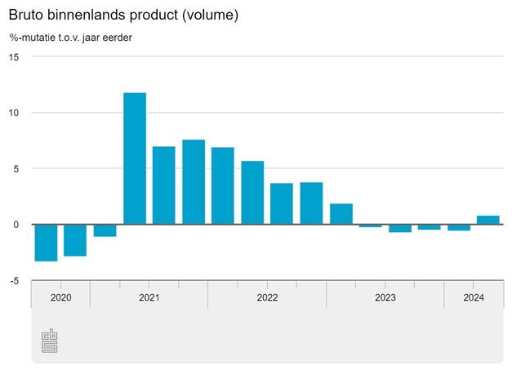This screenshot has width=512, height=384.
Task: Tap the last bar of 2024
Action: coord(488,220)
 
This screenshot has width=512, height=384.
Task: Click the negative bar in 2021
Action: coord(105,230)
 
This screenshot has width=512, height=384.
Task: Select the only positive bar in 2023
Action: coord(341,213)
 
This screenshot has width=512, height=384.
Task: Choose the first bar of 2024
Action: coord(459,227)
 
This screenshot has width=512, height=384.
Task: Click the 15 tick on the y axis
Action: coord(14,56)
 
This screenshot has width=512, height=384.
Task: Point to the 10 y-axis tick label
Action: coord(14,113)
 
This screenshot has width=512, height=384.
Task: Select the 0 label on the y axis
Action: coord(16,225)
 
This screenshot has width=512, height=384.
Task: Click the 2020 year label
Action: coord(61,297)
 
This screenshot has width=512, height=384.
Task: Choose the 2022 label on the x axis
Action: coord(267,297)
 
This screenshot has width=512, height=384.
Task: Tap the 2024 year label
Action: coord(474,297)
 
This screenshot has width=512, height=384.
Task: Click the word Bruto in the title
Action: coord(28,16)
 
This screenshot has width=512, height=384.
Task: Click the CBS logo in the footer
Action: coord(50,341)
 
